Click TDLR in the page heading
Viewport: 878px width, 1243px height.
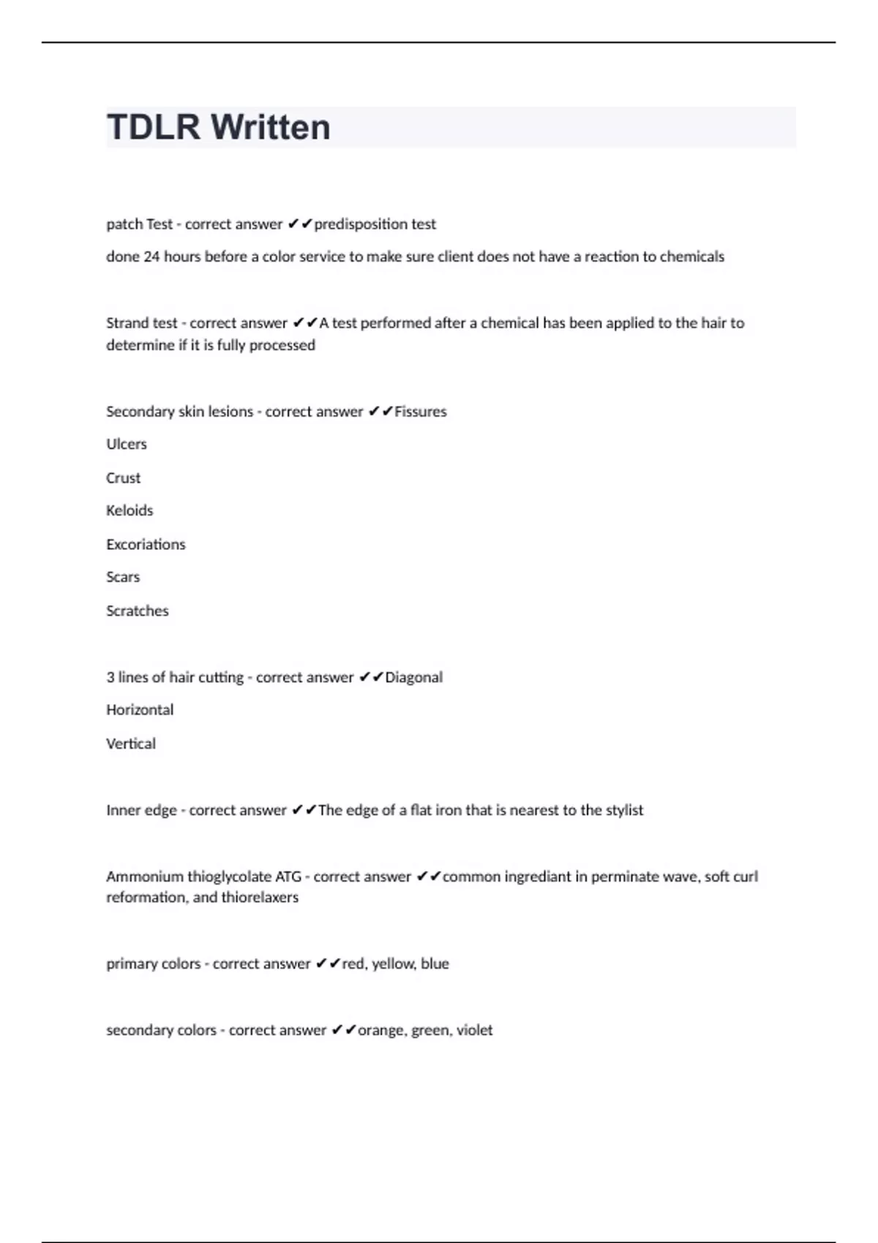153,127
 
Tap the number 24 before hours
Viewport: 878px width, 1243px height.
151,257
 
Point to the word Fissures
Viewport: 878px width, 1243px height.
420,412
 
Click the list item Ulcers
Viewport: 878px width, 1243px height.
127,444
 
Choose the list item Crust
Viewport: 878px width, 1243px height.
123,477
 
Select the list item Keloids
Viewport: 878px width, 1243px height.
130,510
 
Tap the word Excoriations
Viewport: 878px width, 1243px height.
146,544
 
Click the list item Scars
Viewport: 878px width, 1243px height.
123,577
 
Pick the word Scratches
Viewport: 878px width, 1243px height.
138,611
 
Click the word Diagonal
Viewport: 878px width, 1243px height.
413,677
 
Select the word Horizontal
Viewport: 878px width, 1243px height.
140,709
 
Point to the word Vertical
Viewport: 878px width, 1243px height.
131,744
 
